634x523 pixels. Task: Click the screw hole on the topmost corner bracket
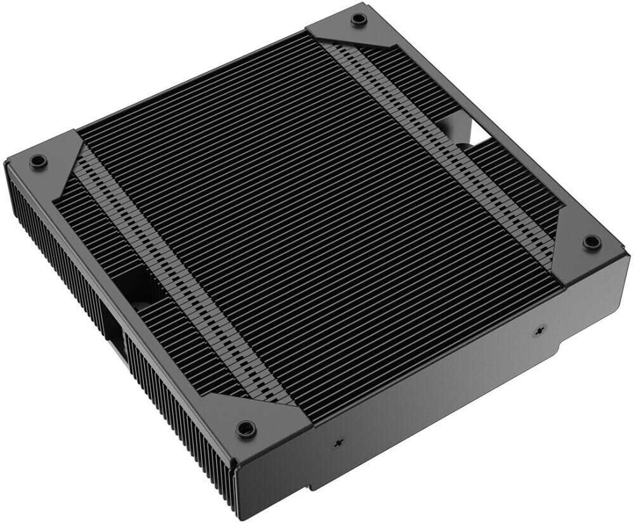click(x=359, y=18)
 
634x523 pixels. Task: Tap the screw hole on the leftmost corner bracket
click(x=36, y=161)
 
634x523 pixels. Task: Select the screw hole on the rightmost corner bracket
click(x=591, y=242)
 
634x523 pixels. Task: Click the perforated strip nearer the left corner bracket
click(x=178, y=267)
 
